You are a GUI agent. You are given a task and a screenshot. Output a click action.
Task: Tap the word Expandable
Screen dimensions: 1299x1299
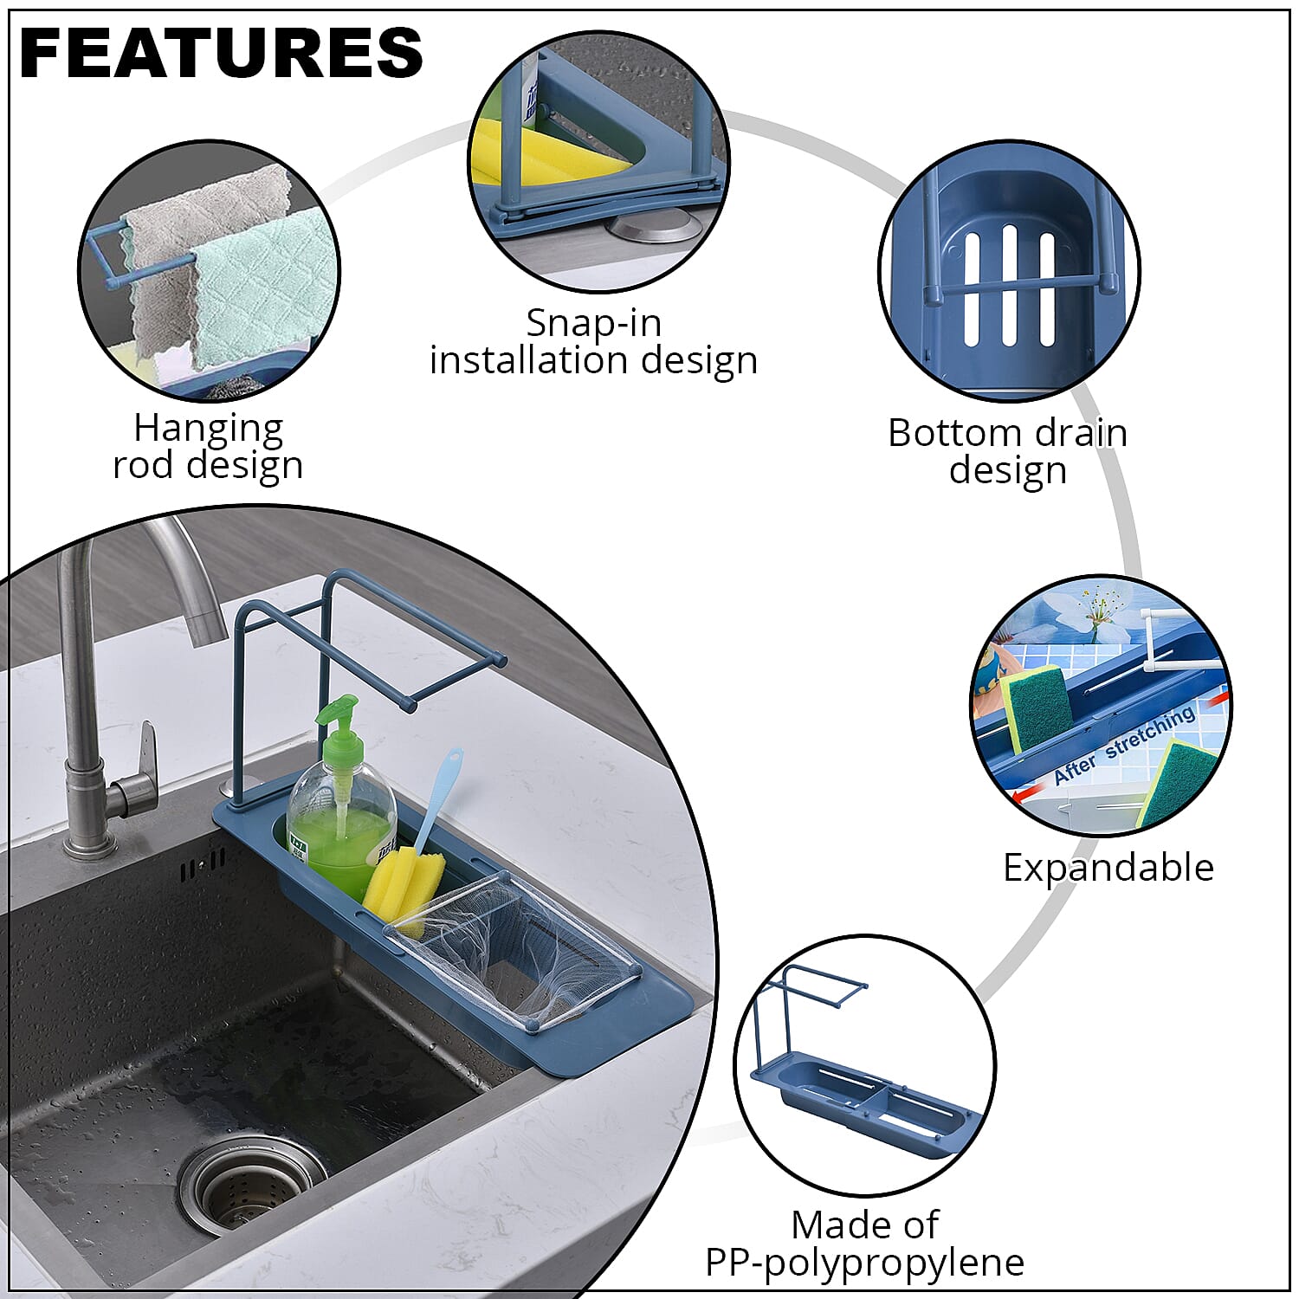(x=1108, y=868)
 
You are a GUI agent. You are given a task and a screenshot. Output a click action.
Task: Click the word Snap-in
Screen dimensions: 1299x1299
(x=594, y=323)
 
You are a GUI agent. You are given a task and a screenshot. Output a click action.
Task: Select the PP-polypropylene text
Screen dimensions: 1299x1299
(x=864, y=1263)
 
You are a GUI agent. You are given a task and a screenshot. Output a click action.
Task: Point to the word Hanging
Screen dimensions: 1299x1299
(x=208, y=428)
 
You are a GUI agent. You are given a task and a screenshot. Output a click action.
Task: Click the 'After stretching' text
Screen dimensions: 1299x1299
(x=1124, y=746)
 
